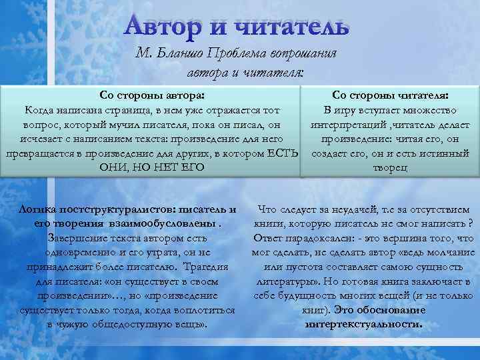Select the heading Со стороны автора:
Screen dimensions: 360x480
pos(151,95)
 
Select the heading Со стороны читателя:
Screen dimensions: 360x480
pos(390,95)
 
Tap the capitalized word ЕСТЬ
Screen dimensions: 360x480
pos(285,154)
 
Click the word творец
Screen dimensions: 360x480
pos(390,169)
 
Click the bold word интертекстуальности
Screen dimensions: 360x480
pos(363,325)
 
